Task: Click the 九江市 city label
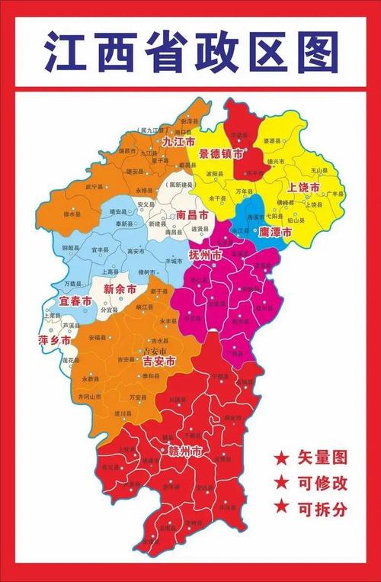click(178, 142)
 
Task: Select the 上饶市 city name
click(303, 187)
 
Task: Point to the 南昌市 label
click(191, 215)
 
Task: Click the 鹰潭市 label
click(275, 230)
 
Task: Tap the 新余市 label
click(120, 289)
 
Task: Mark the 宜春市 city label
click(75, 303)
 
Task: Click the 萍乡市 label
click(54, 340)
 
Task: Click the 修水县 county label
click(71, 214)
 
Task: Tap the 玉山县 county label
click(318, 170)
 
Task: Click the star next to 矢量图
click(281, 458)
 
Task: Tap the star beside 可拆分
click(281, 506)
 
